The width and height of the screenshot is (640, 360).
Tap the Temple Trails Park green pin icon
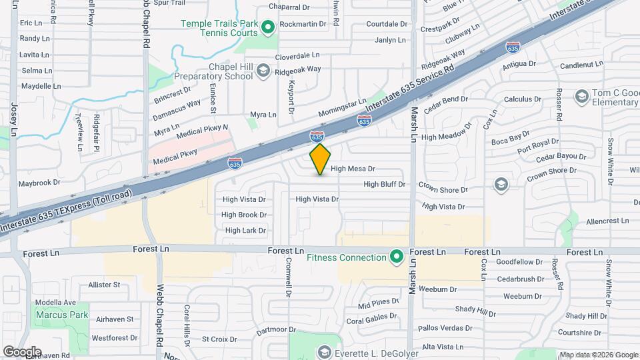268,27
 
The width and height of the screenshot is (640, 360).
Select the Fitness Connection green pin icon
397,257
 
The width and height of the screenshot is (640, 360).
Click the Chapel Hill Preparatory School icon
263,71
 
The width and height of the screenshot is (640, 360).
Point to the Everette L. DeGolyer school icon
324,351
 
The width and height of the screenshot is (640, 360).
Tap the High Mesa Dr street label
353,169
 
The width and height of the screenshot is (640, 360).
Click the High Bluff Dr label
384,184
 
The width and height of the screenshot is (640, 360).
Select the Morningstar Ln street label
343,107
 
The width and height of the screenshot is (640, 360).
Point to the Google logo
22,351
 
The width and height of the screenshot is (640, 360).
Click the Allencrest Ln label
607,221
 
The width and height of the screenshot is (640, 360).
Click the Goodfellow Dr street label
519,263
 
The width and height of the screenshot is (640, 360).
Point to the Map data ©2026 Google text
598,355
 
